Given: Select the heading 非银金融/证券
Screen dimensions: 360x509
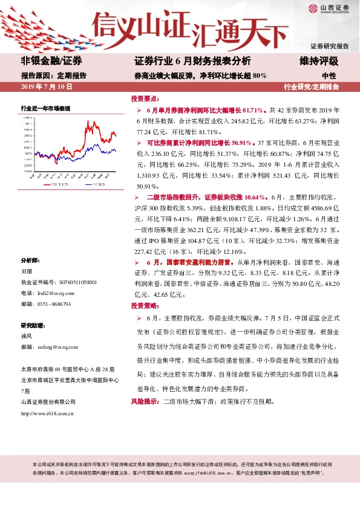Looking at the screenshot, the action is coord(51,62).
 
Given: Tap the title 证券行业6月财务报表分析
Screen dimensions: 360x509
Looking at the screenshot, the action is coord(192,62).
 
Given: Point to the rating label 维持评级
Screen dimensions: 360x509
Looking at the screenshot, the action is coord(318,62).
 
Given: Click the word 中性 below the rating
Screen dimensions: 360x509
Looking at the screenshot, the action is coord(329,76).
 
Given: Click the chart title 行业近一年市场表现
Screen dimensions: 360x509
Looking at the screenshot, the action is coord(46,108).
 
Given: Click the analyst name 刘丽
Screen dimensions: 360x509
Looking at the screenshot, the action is coord(27,271).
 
